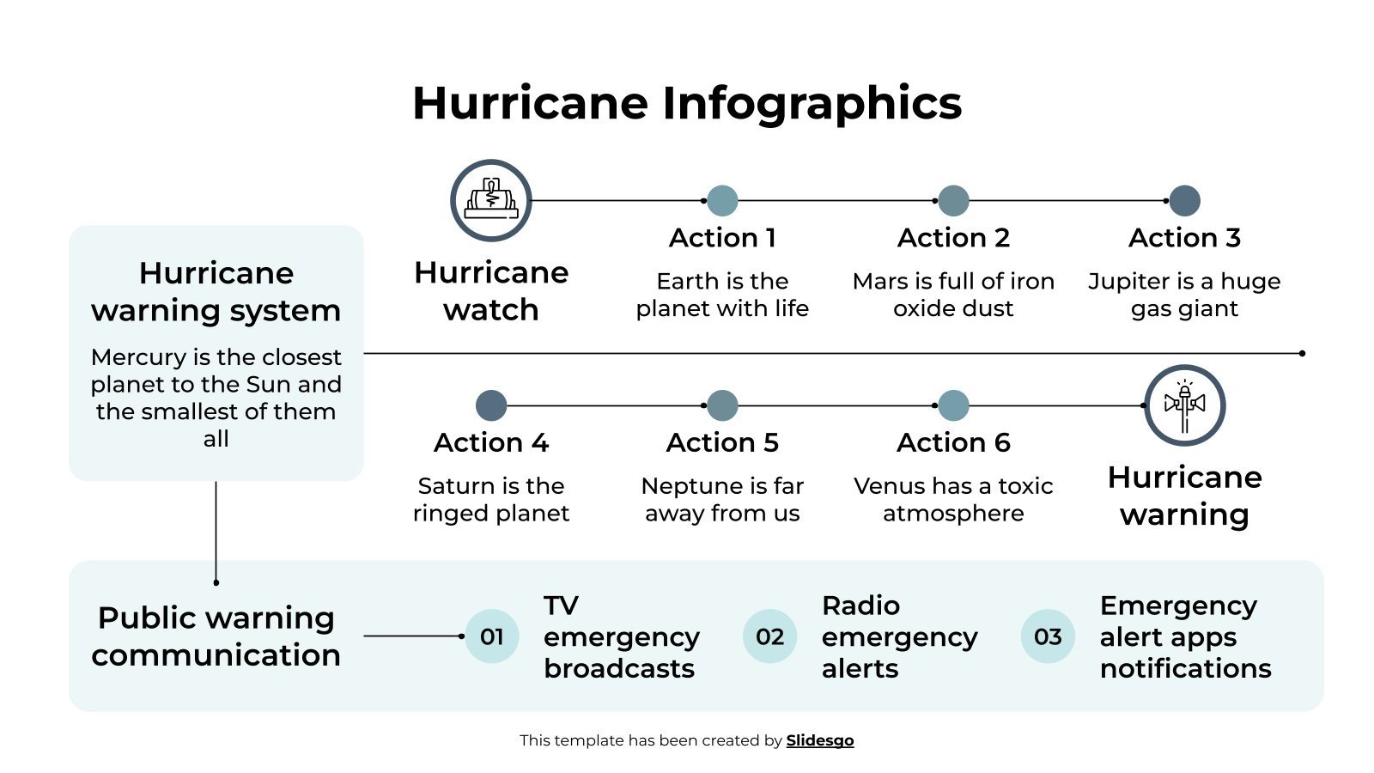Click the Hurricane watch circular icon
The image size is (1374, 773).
pyautogui.click(x=491, y=201)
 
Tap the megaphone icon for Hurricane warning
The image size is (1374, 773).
pyautogui.click(x=1185, y=405)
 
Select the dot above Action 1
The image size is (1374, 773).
pyautogui.click(x=722, y=201)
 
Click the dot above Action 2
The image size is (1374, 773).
pyautogui.click(x=953, y=201)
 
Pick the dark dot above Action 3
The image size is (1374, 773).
pyautogui.click(x=1185, y=201)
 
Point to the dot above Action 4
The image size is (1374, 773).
pyautogui.click(x=491, y=405)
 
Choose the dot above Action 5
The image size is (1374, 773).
pyautogui.click(x=722, y=405)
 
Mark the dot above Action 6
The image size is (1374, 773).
pyautogui.click(x=953, y=405)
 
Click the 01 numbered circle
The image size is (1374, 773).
pyautogui.click(x=492, y=636)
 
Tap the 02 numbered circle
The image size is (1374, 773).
pyautogui.click(x=770, y=636)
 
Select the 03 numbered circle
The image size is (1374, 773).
pyautogui.click(x=1048, y=636)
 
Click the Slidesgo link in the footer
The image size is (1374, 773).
pyautogui.click(x=820, y=740)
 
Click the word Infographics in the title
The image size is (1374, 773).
pyautogui.click(x=812, y=103)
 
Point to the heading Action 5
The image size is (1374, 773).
pyautogui.click(x=722, y=442)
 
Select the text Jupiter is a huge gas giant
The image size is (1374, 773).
pyautogui.click(x=1184, y=295)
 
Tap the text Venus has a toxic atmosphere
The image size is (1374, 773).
pyautogui.click(x=953, y=499)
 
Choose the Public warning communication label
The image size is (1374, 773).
pyautogui.click(x=216, y=636)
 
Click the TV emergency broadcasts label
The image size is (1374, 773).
pyautogui.click(x=622, y=636)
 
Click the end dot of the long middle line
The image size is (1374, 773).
pyautogui.click(x=1303, y=353)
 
